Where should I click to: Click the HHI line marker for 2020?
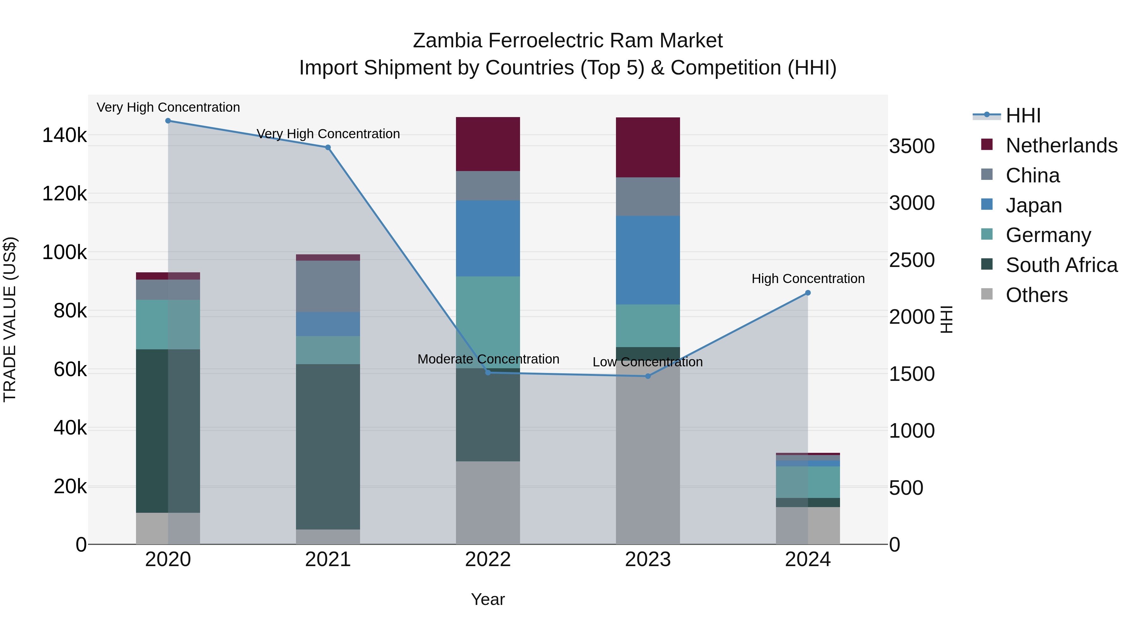(x=168, y=121)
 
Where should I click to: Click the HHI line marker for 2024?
(x=808, y=293)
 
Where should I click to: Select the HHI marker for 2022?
(x=488, y=373)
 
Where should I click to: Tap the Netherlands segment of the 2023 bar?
(x=648, y=147)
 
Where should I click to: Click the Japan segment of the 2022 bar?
(x=488, y=239)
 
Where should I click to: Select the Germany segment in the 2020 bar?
(x=168, y=325)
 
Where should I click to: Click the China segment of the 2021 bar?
(x=328, y=287)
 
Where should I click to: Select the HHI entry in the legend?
(x=1023, y=115)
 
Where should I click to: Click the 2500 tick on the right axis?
(x=912, y=260)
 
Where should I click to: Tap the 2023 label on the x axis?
(x=648, y=559)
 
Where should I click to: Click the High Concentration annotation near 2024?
(x=808, y=279)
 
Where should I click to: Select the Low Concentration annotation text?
(x=648, y=362)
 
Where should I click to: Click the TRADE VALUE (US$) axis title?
(x=10, y=319)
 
